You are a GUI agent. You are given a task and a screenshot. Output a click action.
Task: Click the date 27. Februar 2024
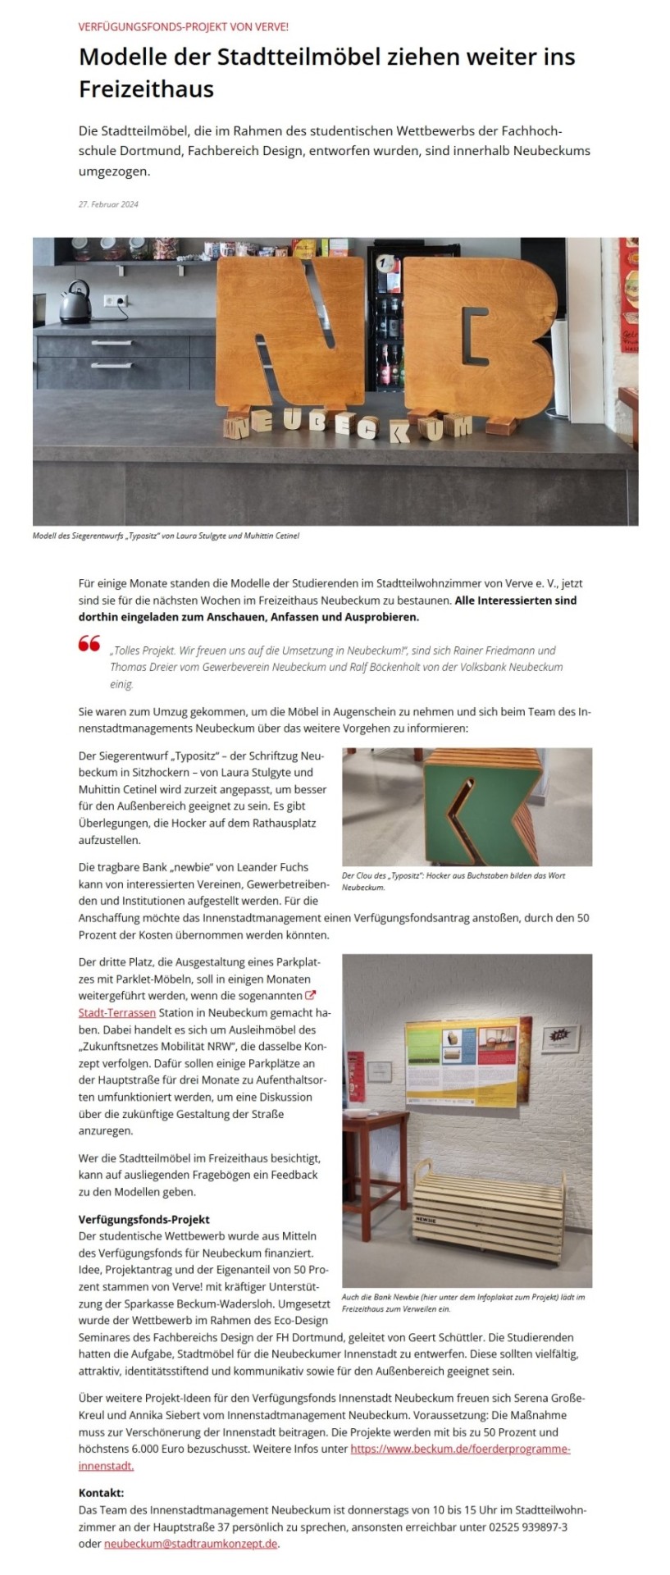(x=108, y=204)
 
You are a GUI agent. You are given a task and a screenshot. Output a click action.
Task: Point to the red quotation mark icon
(x=89, y=643)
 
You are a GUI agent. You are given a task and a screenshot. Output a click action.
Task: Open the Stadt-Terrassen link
(x=117, y=1012)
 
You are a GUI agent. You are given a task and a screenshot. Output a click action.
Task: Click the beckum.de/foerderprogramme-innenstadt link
(x=459, y=1449)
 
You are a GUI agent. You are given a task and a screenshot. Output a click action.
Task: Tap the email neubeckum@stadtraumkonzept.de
(x=191, y=1543)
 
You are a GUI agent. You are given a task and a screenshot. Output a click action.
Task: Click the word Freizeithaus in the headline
(x=146, y=89)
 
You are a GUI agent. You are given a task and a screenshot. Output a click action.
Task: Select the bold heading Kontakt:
(x=101, y=1492)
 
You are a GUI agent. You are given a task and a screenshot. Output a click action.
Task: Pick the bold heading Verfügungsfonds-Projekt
(x=144, y=1219)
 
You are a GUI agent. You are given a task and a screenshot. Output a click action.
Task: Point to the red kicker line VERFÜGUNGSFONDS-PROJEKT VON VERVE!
(x=184, y=26)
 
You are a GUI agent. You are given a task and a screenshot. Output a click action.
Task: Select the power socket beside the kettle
(x=116, y=301)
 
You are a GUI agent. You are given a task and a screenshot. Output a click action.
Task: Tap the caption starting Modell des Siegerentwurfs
(x=166, y=536)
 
